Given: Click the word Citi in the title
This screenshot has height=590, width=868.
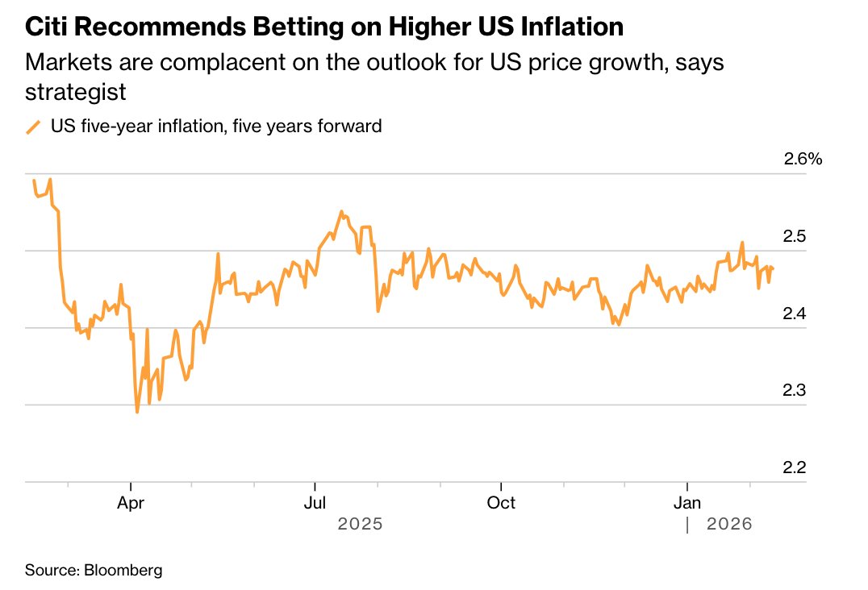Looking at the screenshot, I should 50,27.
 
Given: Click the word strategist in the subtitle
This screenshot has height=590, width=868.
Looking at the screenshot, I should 76,91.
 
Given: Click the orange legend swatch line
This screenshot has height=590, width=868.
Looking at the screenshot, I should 33,127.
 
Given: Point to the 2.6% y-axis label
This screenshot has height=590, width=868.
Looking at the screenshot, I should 803,159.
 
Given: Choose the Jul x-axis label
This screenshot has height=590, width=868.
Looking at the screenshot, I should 315,503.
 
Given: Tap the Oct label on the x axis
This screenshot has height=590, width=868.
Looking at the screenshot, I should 501,503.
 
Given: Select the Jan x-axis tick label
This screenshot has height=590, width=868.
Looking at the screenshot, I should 686,503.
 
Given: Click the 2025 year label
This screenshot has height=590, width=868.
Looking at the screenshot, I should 359,524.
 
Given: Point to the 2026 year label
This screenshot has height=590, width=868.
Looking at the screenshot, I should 729,524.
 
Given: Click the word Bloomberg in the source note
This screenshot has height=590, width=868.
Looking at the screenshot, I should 123,571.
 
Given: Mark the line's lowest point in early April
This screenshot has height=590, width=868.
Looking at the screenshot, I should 137,412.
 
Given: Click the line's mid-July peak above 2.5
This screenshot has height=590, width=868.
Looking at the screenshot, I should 341,212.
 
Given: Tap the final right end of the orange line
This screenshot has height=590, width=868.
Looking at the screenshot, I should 774,268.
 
